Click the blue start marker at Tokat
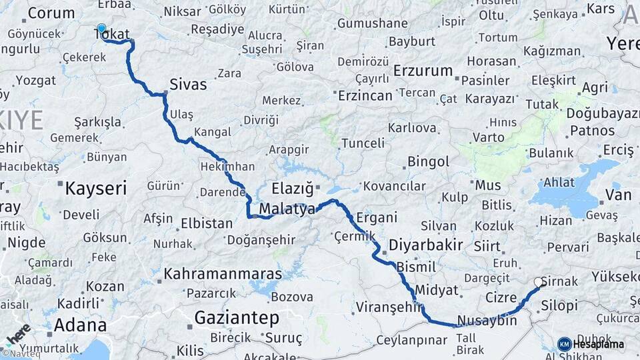tap(101, 29)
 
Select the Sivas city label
tap(188, 85)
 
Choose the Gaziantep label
tap(237, 318)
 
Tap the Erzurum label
tap(423, 71)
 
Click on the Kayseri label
tap(95, 188)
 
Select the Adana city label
tap(80, 325)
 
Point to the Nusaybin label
tap(487, 321)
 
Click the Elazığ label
tap(292, 188)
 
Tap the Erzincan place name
tap(365, 95)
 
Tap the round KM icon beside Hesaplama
tap(564, 344)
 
